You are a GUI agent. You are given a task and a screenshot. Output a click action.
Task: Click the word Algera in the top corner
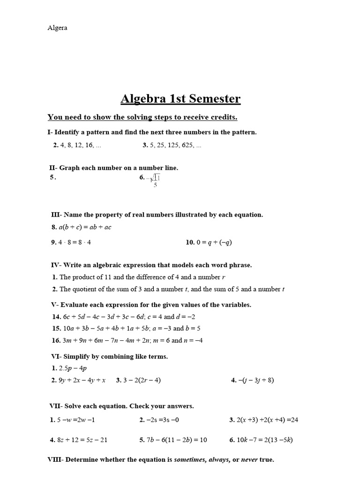57,28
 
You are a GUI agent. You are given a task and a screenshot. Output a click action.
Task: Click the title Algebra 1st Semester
180,99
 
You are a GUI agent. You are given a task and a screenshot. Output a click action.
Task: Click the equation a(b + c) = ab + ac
85,227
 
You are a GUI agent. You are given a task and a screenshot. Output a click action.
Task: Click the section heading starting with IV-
151,265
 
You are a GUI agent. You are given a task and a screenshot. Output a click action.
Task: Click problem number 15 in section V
56,328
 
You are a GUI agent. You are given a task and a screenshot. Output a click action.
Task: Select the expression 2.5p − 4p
73,368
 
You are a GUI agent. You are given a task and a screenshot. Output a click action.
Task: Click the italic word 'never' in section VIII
249,460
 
